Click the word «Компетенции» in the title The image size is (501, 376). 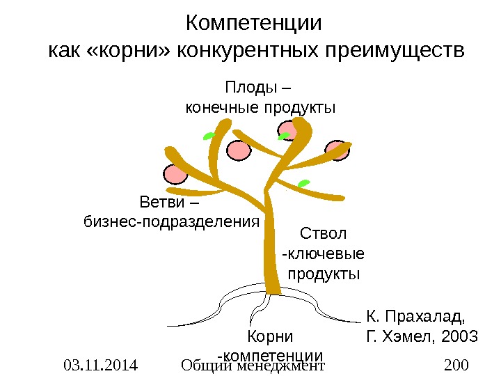point(255,23)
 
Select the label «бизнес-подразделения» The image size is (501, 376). point(170,222)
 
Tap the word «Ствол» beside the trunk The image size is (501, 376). point(323,233)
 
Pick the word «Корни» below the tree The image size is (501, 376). point(271,336)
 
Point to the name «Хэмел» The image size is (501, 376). point(406,338)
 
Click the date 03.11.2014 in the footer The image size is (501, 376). point(100,365)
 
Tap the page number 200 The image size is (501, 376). point(456,365)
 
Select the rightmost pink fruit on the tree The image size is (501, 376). point(337,151)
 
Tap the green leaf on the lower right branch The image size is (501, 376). point(303,184)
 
